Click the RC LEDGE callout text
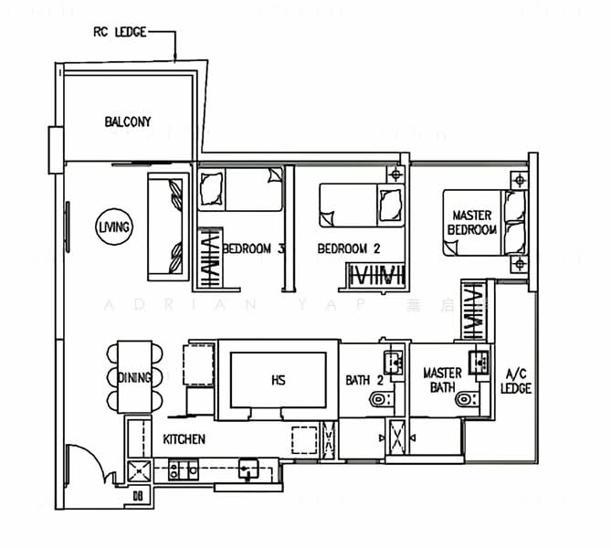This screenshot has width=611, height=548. coord(119,33)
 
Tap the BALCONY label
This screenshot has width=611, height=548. coord(127,121)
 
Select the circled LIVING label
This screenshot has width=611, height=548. coord(116,227)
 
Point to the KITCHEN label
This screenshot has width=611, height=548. coord(184,439)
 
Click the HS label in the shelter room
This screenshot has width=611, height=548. coord(278,380)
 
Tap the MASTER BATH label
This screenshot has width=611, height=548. coord(442,381)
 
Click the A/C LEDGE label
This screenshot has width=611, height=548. coord(516,382)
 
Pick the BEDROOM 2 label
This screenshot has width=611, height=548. coord(348,248)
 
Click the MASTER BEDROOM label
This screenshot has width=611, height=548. coord(474,223)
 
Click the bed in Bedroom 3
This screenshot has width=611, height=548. coord(240,191)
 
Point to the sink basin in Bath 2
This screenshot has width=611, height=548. coord(394,364)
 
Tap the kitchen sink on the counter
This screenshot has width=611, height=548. coord(248,469)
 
